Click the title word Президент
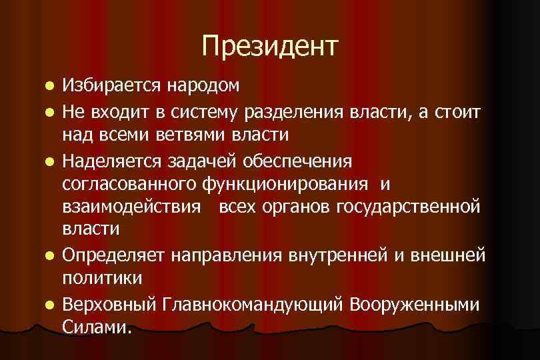coord(270,46)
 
